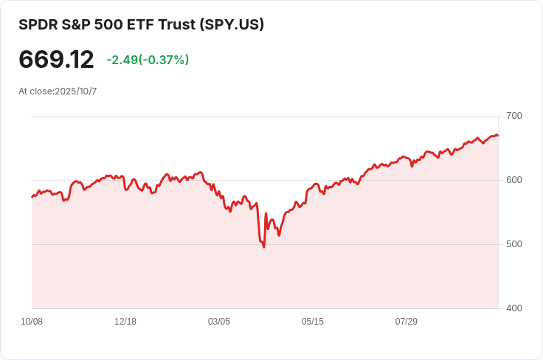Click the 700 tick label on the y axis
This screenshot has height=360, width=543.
click(x=514, y=116)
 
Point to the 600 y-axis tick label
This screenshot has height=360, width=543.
click(x=514, y=180)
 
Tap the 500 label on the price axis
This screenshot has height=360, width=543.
click(x=514, y=244)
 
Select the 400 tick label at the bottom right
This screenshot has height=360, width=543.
click(x=514, y=308)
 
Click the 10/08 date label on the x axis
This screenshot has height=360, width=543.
click(x=32, y=322)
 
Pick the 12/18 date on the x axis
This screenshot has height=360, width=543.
click(x=125, y=322)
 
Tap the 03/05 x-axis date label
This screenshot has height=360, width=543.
click(x=219, y=322)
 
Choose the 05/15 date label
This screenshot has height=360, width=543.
click(x=313, y=322)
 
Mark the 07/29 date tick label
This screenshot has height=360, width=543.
click(x=407, y=322)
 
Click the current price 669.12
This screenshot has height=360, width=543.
click(x=56, y=60)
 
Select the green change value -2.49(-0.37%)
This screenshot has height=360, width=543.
click(x=148, y=60)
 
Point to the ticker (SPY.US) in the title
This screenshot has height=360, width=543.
click(x=232, y=24)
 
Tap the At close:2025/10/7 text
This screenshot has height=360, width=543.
click(x=58, y=91)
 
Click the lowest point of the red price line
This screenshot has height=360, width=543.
click(x=263, y=246)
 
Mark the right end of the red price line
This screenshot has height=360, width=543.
click(x=498, y=136)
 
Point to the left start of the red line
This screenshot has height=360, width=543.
click(x=32, y=197)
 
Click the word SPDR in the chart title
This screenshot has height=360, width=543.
click(x=37, y=24)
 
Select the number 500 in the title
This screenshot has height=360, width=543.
click(x=109, y=24)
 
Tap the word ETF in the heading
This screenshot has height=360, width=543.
click(x=142, y=24)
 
